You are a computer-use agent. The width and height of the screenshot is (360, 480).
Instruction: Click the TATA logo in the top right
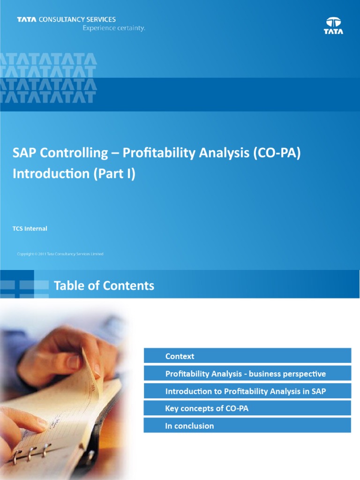coord(333,25)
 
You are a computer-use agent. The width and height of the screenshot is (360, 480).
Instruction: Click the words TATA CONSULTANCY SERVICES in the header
coord(66,20)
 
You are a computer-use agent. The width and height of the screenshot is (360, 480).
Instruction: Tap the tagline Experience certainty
coord(114,28)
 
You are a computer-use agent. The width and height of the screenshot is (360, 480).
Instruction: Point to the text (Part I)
coord(114,173)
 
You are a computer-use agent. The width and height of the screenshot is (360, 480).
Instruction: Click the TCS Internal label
coord(30,229)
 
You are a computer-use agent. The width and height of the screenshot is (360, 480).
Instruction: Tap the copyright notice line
coord(60,254)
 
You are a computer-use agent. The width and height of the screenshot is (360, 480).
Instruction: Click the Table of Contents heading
coord(104,285)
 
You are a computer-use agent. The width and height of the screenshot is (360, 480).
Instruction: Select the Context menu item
coord(180,356)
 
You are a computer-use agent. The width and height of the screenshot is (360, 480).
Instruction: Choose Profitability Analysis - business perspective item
coord(245,374)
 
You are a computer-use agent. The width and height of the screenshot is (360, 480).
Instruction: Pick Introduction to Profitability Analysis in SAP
coord(245,391)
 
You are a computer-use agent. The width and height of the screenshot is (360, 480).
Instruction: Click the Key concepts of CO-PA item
coord(207,409)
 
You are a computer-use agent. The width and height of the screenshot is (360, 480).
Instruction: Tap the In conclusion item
coord(189,426)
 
